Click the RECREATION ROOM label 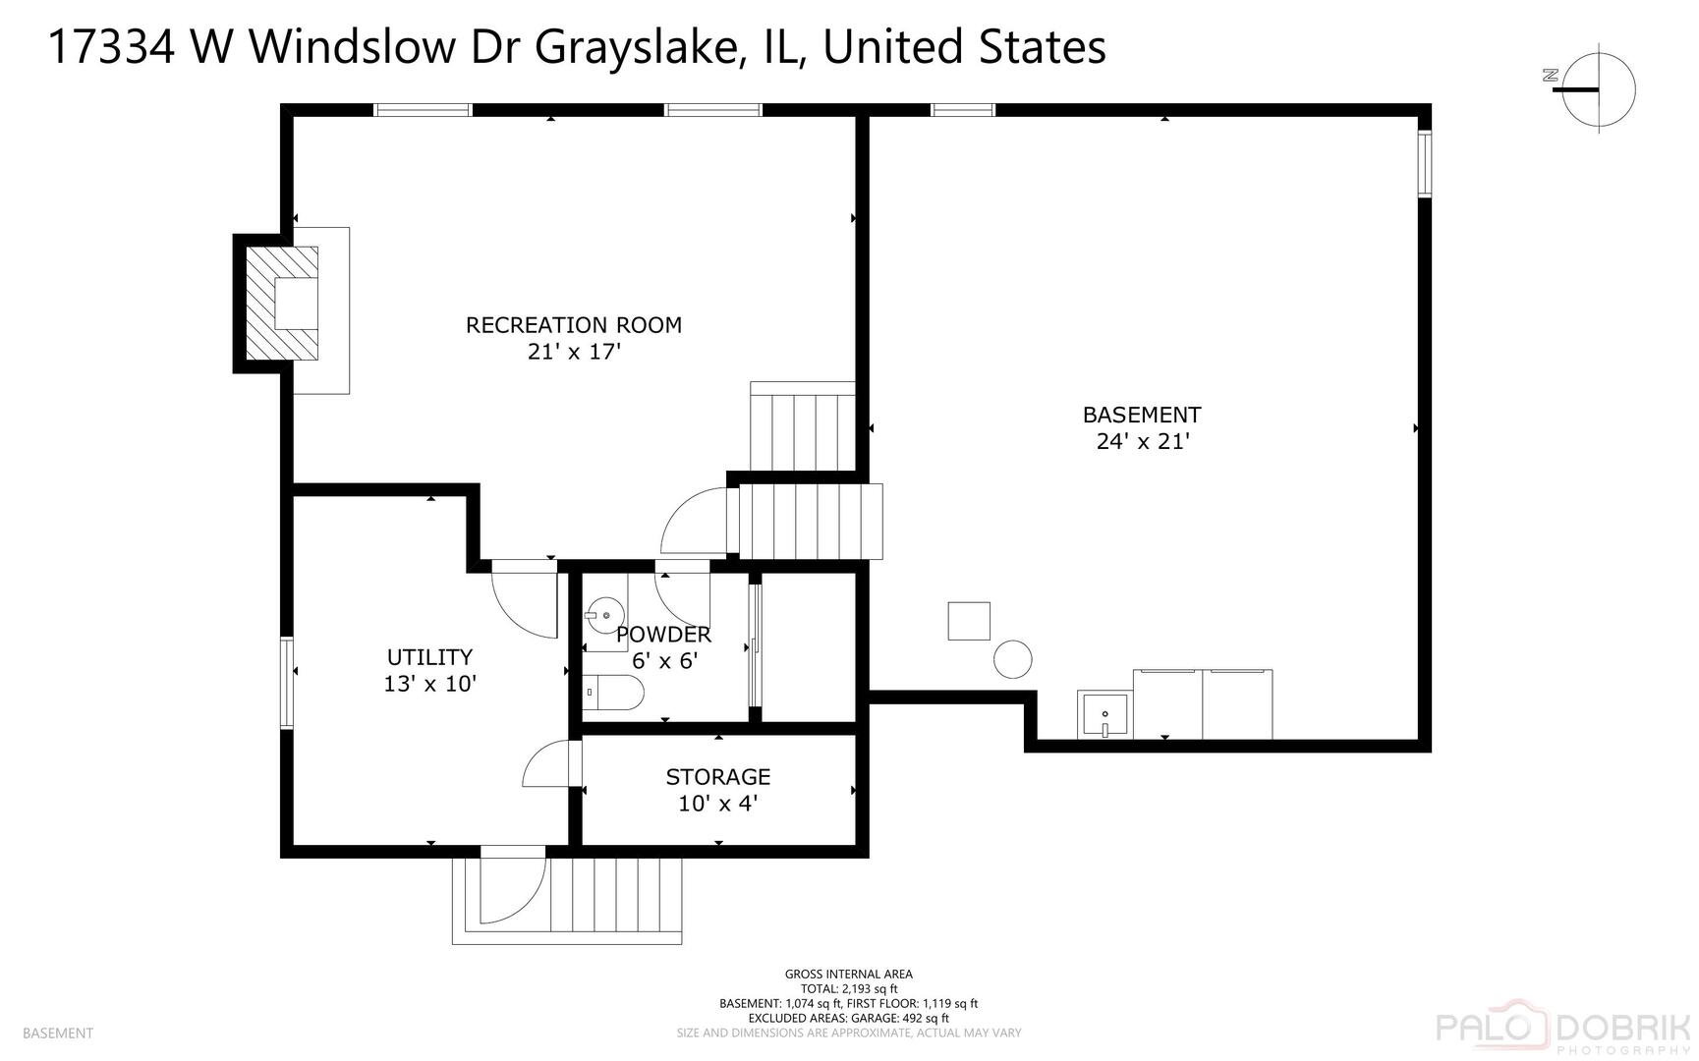coord(573,325)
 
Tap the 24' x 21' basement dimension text coord(1142,442)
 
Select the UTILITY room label coord(429,657)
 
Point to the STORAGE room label coord(717,777)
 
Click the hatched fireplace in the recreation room coord(282,304)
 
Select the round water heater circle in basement coord(1012,659)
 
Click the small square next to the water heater coord(969,621)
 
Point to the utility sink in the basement coord(1105,714)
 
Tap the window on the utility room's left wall coord(286,683)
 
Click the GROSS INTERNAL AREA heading coord(848,975)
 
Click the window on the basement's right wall coord(1424,163)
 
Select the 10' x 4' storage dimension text coord(717,804)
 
